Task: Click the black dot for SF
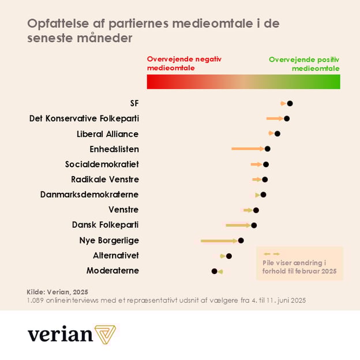pos(290,103)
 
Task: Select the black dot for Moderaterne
pos(215,271)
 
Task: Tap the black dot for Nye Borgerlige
pos(241,240)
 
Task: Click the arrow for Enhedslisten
pos(247,149)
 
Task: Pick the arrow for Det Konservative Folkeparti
pos(275,118)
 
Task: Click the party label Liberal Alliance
pos(108,134)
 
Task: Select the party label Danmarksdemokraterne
pos(89,194)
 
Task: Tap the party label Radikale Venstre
pos(105,179)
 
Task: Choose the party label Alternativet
pos(116,256)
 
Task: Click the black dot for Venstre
pos(256,210)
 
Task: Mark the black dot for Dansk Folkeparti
pos(254,225)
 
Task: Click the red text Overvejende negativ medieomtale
pos(184,63)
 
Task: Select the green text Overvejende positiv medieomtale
pos(304,63)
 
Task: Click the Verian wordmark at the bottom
pos(60,335)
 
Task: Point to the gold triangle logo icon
pos(106,335)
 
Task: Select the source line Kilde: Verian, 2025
pos(53,292)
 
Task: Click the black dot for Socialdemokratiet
pos(266,164)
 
